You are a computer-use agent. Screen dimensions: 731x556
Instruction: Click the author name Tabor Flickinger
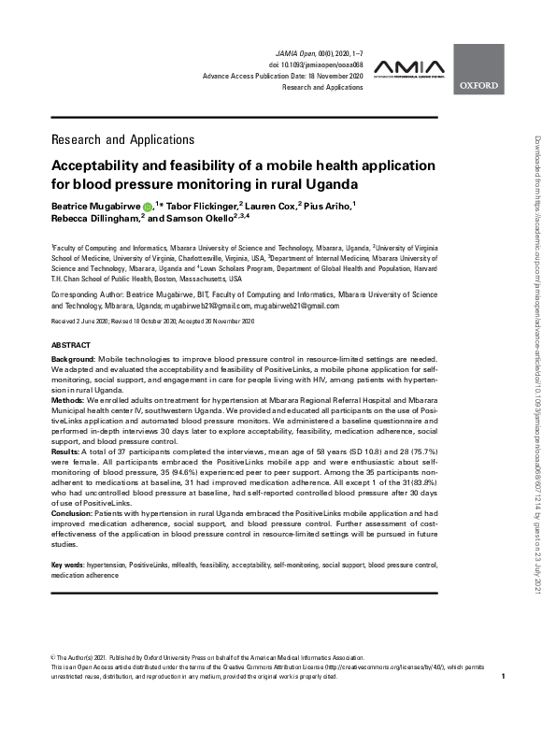coord(196,204)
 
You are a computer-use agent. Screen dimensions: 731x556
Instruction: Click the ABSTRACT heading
coord(71,345)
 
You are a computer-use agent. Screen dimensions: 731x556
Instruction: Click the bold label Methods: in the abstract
coord(68,399)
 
